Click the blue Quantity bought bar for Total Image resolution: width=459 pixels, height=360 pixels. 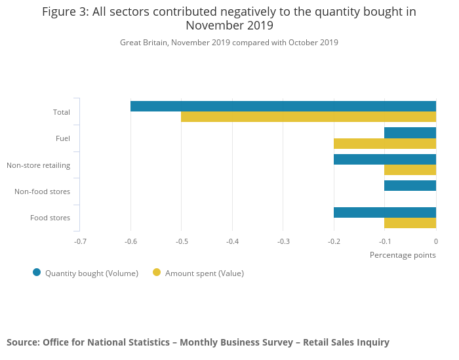[x=283, y=106]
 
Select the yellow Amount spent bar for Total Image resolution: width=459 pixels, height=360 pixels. [x=308, y=117]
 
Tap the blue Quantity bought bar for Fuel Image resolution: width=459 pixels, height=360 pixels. [x=410, y=132]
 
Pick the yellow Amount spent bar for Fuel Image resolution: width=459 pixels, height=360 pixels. [x=385, y=144]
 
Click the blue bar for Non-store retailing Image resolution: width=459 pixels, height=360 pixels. [x=385, y=159]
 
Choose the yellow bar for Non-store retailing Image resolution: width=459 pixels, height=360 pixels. [x=410, y=170]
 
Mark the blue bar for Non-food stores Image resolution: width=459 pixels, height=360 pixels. [x=410, y=186]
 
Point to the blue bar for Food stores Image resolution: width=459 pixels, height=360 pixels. [x=385, y=212]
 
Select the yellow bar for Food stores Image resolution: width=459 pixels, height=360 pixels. [x=410, y=223]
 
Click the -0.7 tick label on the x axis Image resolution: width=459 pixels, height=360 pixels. [x=80, y=241]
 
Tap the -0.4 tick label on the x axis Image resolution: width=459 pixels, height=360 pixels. [x=232, y=241]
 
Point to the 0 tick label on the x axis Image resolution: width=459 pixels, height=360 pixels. [x=436, y=241]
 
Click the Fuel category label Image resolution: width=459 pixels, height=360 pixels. [x=63, y=138]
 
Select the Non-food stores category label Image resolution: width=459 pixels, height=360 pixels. [x=42, y=191]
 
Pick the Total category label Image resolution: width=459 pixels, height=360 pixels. [x=62, y=112]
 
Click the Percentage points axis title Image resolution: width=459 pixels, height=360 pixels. [x=403, y=254]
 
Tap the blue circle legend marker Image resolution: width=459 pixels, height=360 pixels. [x=37, y=273]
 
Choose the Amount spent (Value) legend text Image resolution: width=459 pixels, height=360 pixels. [x=205, y=273]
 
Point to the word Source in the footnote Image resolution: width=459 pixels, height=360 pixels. [x=22, y=342]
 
